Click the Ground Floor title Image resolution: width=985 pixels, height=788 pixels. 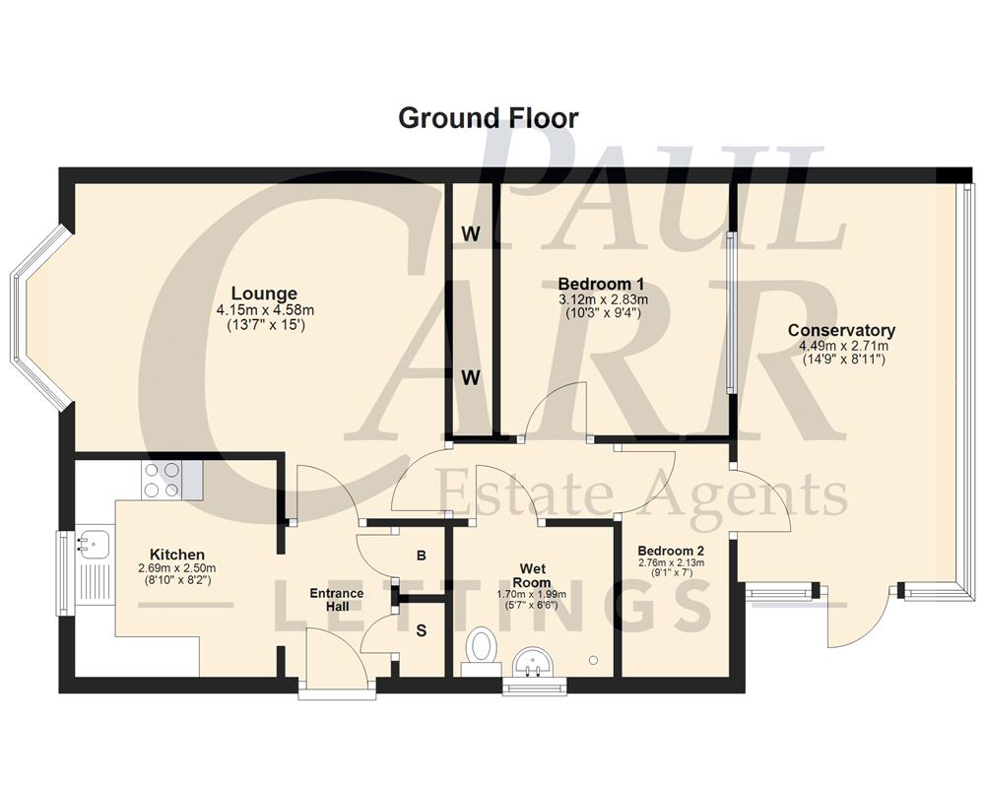[x=488, y=118]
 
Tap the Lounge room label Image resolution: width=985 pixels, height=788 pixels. [x=264, y=294]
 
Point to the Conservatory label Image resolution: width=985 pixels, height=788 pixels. [x=841, y=331]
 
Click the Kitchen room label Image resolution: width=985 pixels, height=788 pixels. [x=177, y=555]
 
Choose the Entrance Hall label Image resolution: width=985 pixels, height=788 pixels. [x=337, y=600]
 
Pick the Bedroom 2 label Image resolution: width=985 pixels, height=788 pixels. [x=671, y=551]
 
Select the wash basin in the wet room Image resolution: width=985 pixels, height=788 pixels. [x=534, y=662]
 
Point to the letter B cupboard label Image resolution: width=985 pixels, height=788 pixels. [x=421, y=556]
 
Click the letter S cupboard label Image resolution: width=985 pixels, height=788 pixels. [x=421, y=631]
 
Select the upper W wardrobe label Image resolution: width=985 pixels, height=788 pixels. [x=471, y=234]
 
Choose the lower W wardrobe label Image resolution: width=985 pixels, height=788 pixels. [x=471, y=377]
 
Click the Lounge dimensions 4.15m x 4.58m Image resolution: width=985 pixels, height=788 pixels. [x=264, y=310]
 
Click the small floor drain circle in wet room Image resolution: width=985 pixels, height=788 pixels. [x=593, y=660]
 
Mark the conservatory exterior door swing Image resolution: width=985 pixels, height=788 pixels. [x=857, y=621]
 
